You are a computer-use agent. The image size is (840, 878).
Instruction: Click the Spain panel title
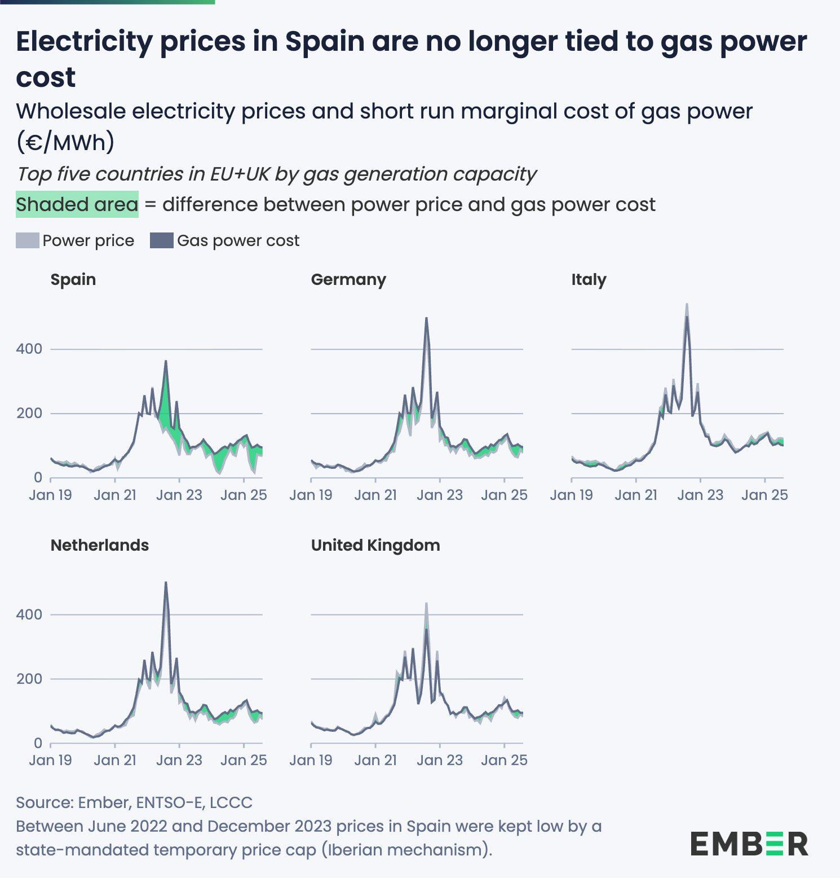73,280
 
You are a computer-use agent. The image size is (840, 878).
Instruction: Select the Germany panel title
348,280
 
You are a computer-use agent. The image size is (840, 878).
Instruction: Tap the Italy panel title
589,280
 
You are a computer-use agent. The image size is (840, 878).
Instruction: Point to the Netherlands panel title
100,545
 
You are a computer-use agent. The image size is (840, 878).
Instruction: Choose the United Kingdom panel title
375,545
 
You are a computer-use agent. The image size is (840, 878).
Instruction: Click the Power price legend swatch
28,240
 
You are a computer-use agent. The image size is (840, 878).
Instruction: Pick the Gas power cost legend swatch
161,240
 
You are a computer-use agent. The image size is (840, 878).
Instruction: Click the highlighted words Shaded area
77,204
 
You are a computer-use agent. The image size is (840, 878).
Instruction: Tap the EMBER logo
749,844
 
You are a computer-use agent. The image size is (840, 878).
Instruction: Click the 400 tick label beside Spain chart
29,349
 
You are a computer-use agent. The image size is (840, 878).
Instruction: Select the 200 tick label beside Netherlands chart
29,679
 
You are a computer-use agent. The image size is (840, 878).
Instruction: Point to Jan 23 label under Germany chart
440,495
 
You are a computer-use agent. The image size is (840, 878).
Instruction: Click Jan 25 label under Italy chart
764,495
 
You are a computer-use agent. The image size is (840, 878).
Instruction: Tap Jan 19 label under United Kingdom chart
311,760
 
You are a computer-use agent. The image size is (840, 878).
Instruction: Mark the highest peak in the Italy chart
687,304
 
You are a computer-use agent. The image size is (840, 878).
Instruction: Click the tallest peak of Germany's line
426,318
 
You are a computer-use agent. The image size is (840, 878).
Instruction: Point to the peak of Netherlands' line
166,582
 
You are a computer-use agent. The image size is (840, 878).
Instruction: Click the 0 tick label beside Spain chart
38,477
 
